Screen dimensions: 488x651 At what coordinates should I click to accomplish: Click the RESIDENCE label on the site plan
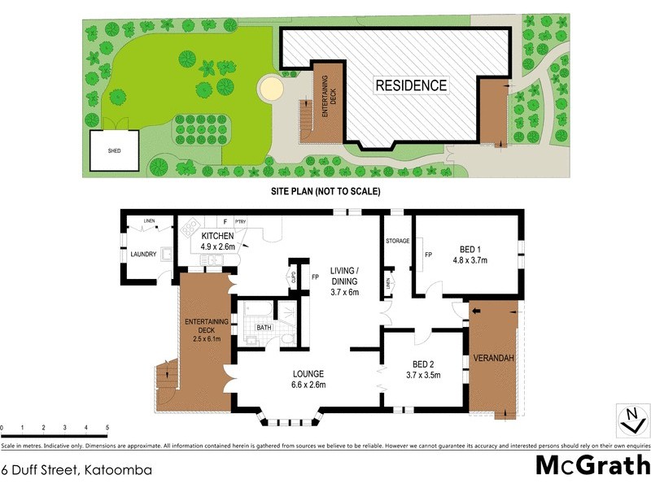411,85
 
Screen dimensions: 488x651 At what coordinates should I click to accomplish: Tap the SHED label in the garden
114,151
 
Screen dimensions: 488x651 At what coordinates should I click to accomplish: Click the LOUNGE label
309,376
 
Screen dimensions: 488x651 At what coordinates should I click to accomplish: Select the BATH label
264,328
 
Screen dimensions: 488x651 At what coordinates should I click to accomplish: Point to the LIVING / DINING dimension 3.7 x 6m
345,292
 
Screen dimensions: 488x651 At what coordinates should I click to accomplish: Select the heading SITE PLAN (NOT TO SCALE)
325,192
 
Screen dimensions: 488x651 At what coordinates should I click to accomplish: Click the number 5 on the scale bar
107,427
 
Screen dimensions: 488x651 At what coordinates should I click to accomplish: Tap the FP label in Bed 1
427,254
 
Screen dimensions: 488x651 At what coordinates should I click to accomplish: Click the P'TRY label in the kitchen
240,221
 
